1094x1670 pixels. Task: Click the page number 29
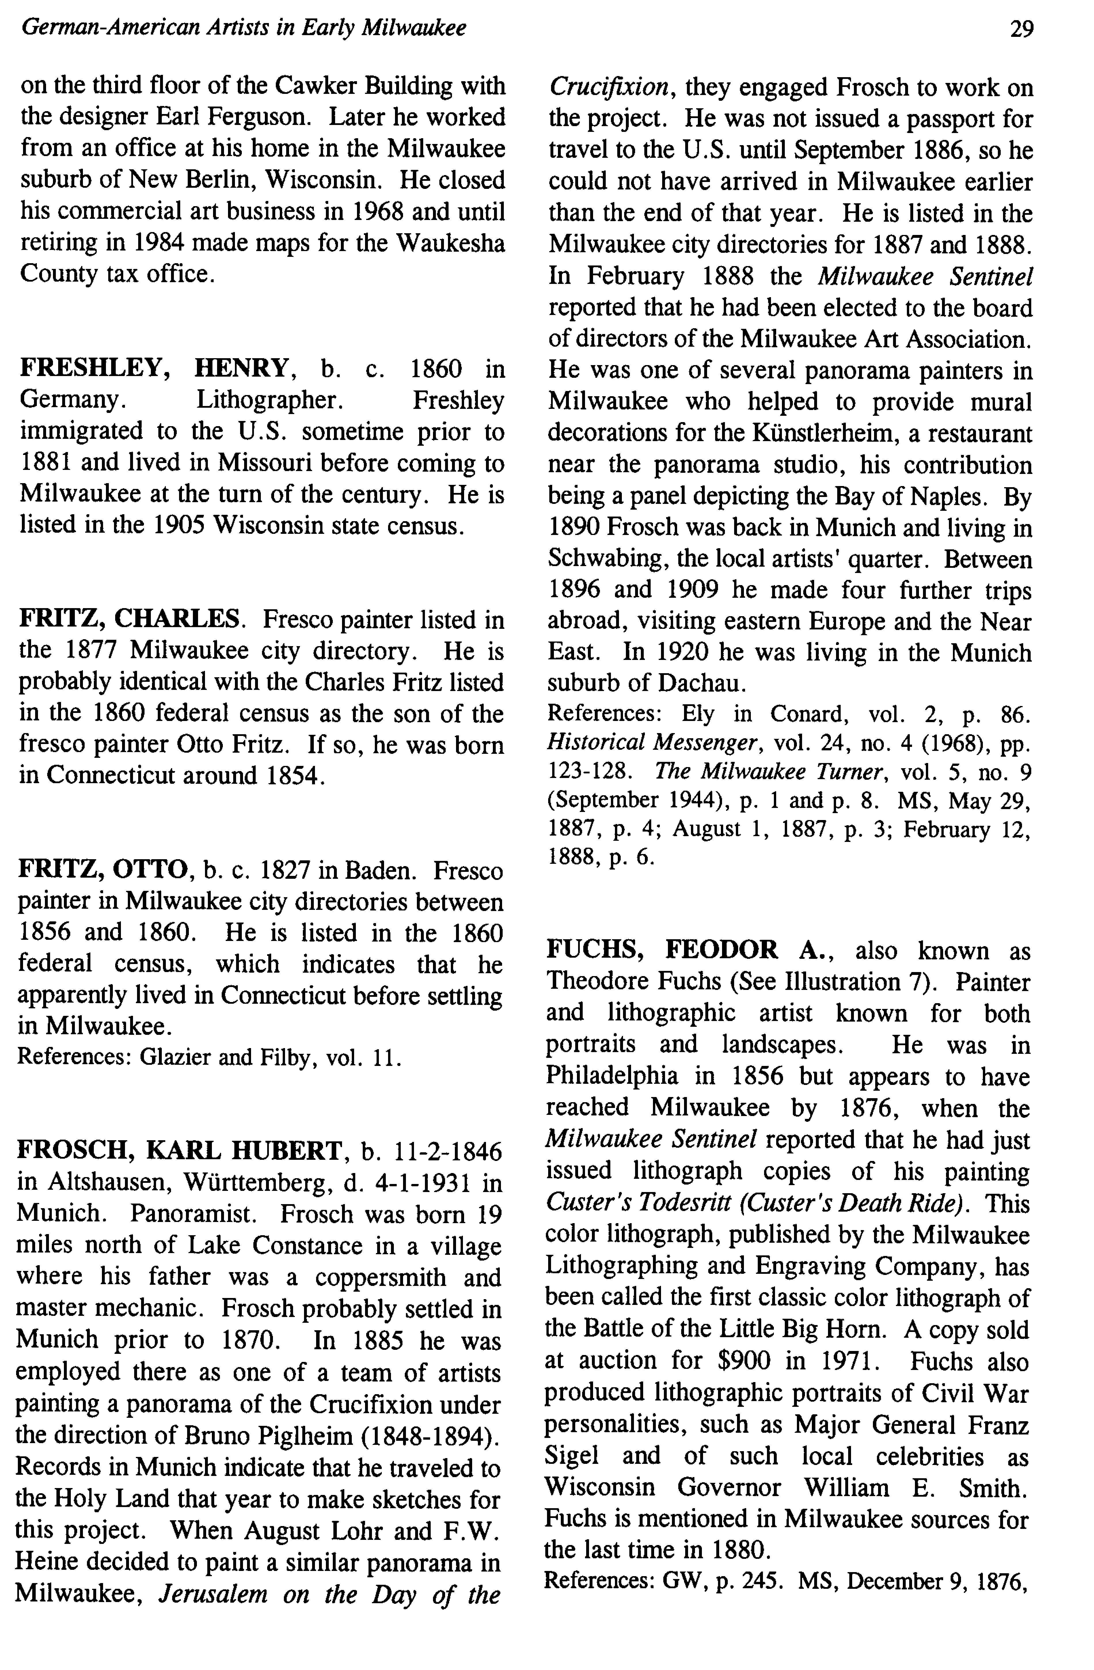point(1021,29)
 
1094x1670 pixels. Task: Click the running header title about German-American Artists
point(244,28)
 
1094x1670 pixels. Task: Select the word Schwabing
point(600,559)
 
